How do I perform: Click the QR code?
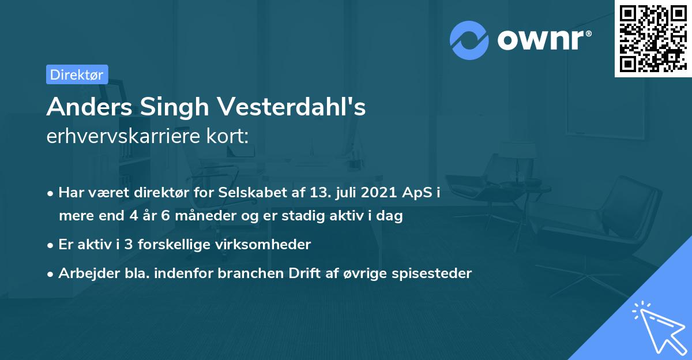(x=652, y=38)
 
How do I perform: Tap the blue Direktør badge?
(x=77, y=74)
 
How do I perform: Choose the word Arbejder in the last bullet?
(x=84, y=273)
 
